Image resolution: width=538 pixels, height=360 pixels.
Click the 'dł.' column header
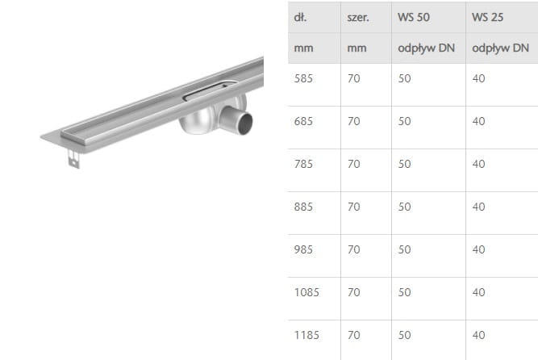[x=300, y=17]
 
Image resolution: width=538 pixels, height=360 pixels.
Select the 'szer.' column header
[x=358, y=17]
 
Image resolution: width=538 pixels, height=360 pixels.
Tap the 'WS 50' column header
[x=414, y=17]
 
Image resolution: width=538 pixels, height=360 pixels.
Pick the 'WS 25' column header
[x=487, y=17]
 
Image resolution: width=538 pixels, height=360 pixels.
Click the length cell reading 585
[x=303, y=78]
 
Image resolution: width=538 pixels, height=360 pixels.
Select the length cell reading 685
[x=303, y=121]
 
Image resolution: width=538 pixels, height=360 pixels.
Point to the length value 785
[x=303, y=164]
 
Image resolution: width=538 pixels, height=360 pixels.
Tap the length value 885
[x=303, y=207]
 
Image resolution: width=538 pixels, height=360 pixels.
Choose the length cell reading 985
[x=303, y=249]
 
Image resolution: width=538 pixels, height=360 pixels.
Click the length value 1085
[x=307, y=292]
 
